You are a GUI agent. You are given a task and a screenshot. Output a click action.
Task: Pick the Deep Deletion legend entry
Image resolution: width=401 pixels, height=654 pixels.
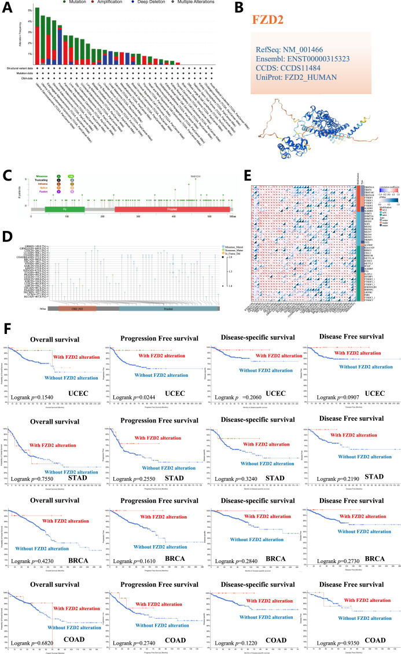(138, 3)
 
